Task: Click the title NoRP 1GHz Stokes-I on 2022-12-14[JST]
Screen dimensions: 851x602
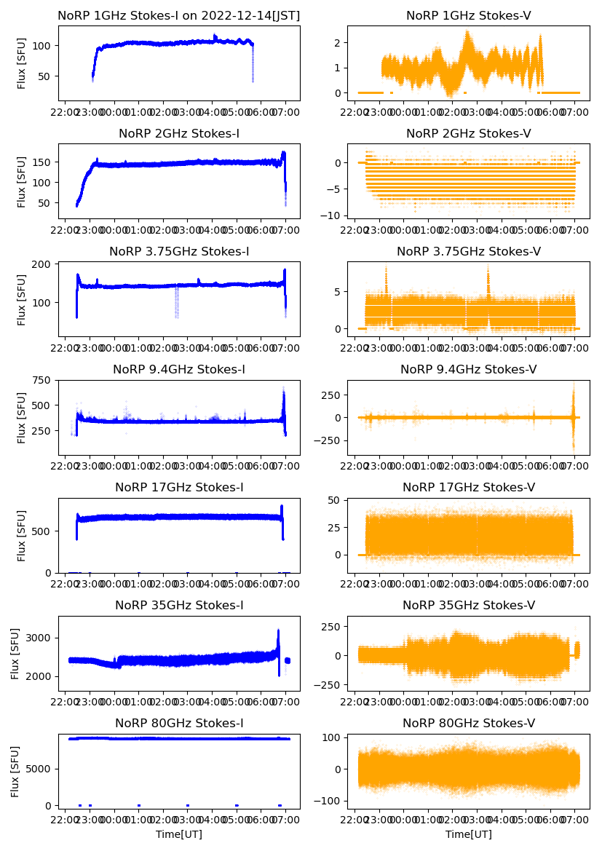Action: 179,15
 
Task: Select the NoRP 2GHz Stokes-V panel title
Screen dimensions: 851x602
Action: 469,133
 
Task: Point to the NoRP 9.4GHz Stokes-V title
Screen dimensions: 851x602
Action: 469,369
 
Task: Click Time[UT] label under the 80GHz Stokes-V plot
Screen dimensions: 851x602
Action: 469,834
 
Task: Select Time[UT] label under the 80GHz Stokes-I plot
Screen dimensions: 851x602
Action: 179,834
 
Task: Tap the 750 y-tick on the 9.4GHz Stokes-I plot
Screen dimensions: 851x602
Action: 43,380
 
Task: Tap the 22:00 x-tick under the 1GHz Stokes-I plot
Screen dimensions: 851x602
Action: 66,113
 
